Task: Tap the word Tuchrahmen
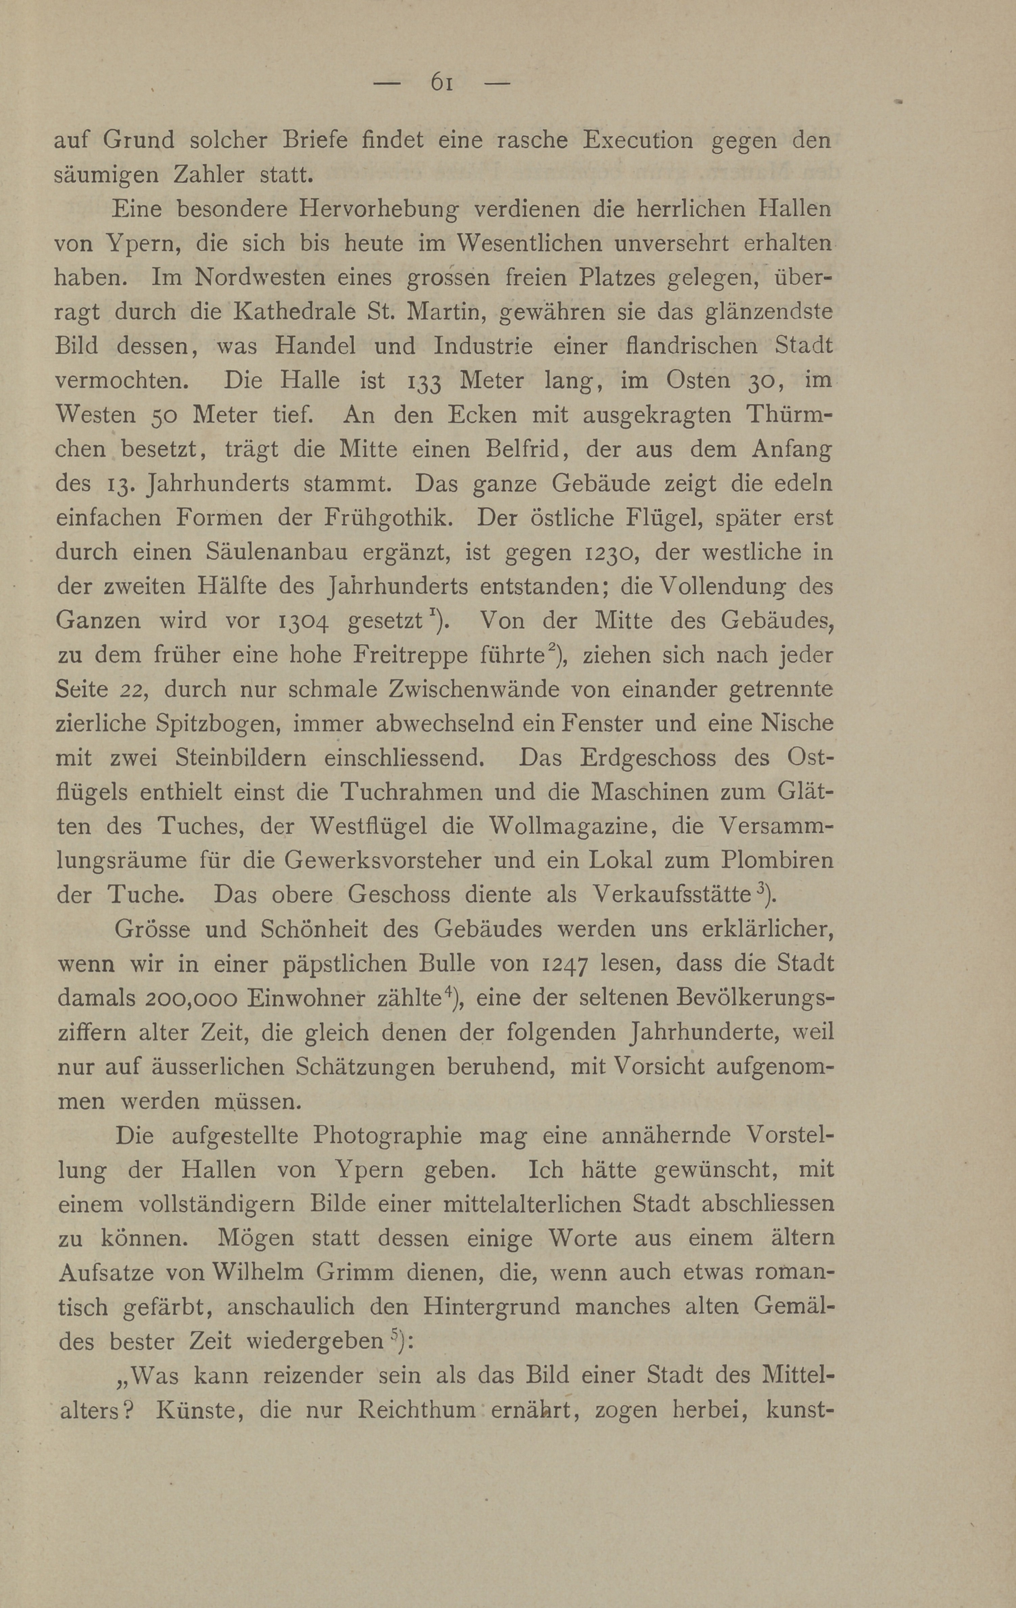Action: point(414,793)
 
